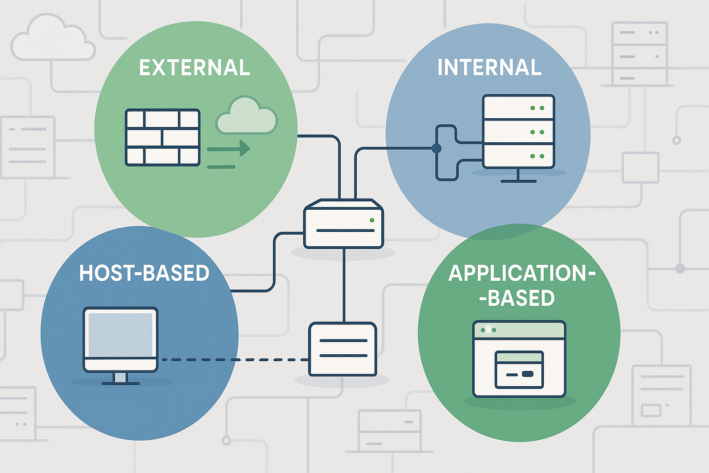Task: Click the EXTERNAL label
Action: [194, 68]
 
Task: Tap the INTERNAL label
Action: [489, 68]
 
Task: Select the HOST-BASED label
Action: [144, 273]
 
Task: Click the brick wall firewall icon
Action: [162, 137]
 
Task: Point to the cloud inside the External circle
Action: [246, 116]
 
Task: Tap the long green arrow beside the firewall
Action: [228, 149]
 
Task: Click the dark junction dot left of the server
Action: [436, 148]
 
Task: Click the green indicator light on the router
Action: [372, 220]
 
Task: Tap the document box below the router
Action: [342, 349]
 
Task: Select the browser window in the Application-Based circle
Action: [519, 359]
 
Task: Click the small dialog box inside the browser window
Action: [519, 370]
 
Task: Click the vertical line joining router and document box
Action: [344, 285]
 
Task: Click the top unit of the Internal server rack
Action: [518, 108]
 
